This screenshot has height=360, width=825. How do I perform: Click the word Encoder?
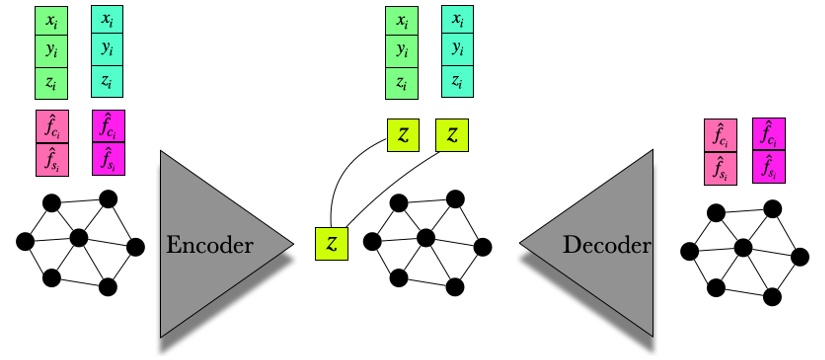tap(210, 244)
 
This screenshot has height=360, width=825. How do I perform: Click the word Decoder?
tap(606, 244)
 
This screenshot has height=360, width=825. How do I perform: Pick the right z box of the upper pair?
tap(453, 135)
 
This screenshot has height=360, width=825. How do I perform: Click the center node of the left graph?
tap(78, 238)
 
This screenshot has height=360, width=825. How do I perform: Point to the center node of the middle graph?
tap(425, 237)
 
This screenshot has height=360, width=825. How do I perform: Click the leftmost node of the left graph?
tap(24, 241)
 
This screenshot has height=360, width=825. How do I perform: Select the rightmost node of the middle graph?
tap(484, 246)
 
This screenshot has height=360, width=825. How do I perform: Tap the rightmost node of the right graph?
tap(799, 257)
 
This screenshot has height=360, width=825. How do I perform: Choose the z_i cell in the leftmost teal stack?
tap(108, 81)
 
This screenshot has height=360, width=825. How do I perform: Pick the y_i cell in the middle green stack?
tap(402, 51)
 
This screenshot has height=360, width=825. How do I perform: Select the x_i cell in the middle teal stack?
tap(458, 21)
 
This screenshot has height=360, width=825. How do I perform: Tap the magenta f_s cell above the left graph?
tap(108, 158)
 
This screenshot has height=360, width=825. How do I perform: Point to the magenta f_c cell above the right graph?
tap(768, 134)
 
